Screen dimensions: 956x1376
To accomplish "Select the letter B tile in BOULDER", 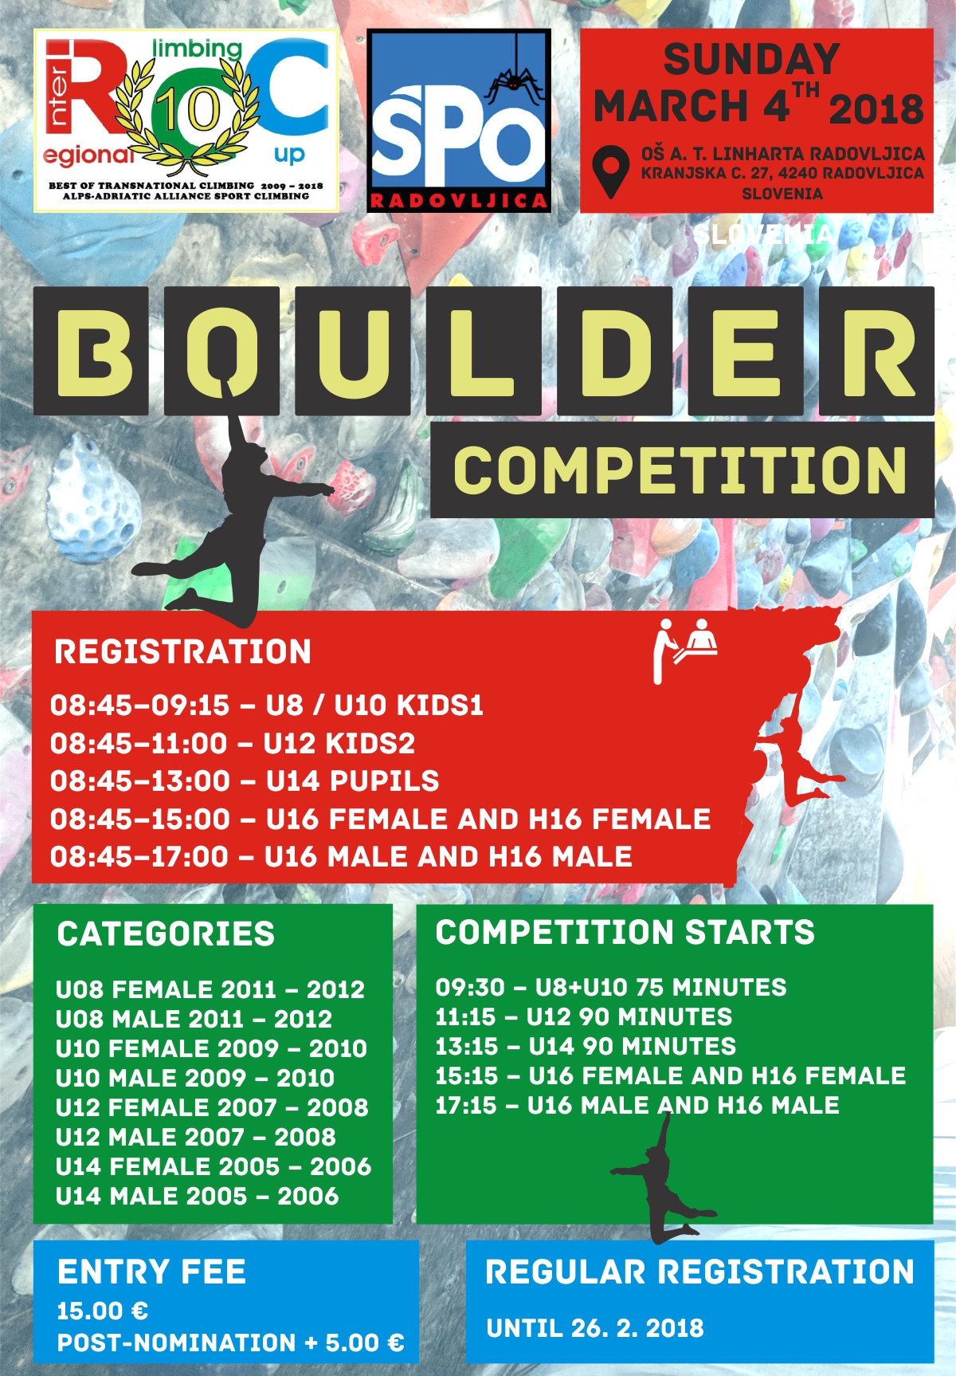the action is point(91,351).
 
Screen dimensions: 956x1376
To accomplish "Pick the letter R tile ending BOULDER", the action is point(876,351).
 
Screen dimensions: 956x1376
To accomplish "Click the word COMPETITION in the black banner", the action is point(680,470).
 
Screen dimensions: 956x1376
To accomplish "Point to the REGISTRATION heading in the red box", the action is point(182,651).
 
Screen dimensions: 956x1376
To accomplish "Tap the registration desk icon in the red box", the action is point(684,650).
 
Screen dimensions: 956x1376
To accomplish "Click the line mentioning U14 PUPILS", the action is point(245,780).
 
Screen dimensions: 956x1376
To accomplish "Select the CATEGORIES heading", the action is point(166,934).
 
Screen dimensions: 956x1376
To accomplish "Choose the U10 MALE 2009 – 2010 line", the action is point(195,1078).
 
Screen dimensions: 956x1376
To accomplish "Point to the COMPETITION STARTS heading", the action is point(625,932).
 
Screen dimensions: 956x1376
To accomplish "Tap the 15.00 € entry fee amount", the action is point(103,1311).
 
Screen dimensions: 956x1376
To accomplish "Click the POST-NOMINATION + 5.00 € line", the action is point(230,1343).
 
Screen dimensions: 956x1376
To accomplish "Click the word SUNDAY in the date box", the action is point(752,60).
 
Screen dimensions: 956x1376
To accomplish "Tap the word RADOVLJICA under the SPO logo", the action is point(458,201).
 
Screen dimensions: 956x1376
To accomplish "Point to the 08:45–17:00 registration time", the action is point(139,856).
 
